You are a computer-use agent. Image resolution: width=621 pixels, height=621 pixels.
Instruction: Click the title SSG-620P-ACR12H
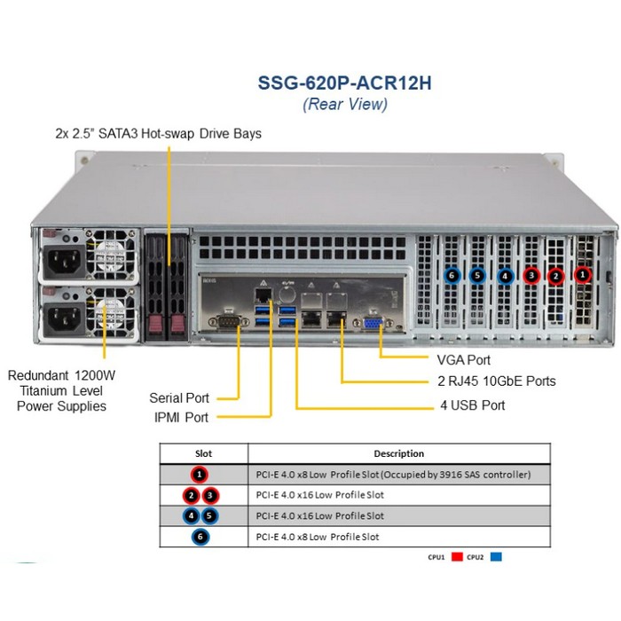344,83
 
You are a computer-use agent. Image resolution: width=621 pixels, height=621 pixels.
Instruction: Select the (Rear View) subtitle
344,105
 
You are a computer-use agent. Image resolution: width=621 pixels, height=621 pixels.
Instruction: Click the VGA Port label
463,360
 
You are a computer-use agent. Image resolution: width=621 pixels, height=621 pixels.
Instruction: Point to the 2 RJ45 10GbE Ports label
497,381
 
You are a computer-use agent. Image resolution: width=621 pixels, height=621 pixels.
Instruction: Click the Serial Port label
179,398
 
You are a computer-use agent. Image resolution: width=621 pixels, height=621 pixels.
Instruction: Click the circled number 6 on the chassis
452,276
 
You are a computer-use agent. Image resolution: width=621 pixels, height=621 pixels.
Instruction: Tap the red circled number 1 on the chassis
583,276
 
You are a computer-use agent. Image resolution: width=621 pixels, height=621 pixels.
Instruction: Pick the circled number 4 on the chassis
505,276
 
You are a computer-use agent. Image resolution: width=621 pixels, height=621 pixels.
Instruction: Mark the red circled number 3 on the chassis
531,276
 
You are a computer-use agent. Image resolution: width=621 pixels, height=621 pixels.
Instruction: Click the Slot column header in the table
203,453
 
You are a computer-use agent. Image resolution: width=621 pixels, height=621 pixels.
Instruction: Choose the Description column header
398,453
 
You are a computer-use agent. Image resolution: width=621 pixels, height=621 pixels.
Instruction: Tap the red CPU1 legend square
457,559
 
